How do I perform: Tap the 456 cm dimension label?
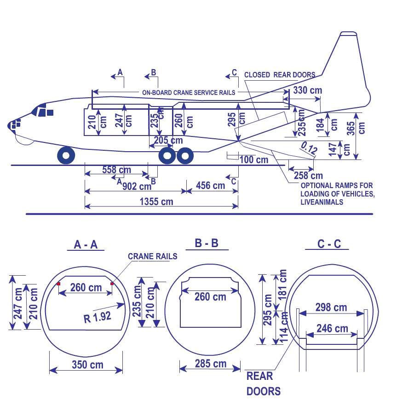(210, 185)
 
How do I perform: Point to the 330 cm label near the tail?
(307, 90)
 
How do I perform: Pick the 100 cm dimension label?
(253, 160)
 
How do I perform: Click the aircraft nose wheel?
(66, 155)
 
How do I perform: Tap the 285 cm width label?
(210, 364)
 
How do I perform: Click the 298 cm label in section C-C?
(331, 307)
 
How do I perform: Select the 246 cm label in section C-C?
(331, 329)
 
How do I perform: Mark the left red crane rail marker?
(58, 284)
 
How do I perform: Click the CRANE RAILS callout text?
(152, 256)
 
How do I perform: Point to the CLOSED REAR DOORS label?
(280, 75)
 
